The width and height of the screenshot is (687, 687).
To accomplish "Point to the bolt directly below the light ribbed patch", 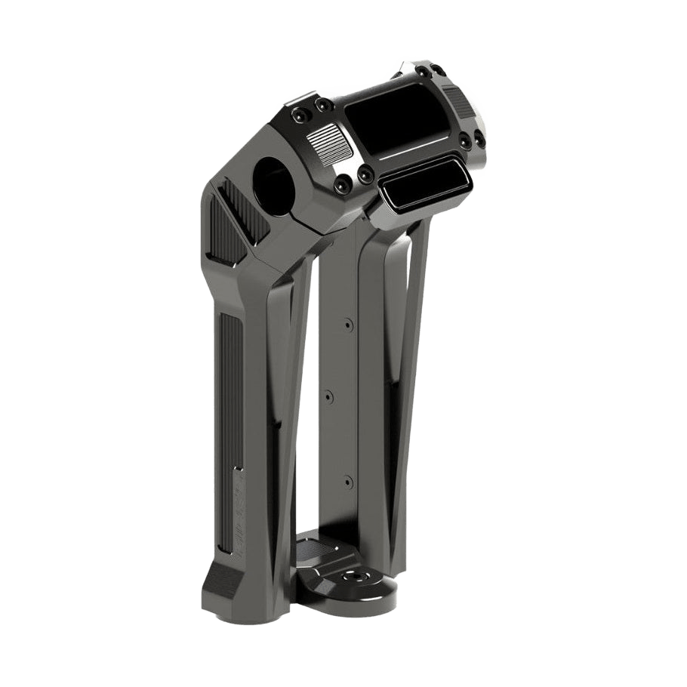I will click(x=344, y=180).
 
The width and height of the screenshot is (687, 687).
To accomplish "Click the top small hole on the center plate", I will click(x=347, y=325).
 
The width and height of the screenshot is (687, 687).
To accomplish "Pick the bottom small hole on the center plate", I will click(x=348, y=479).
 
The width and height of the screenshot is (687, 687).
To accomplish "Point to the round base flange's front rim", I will click(x=355, y=604).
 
